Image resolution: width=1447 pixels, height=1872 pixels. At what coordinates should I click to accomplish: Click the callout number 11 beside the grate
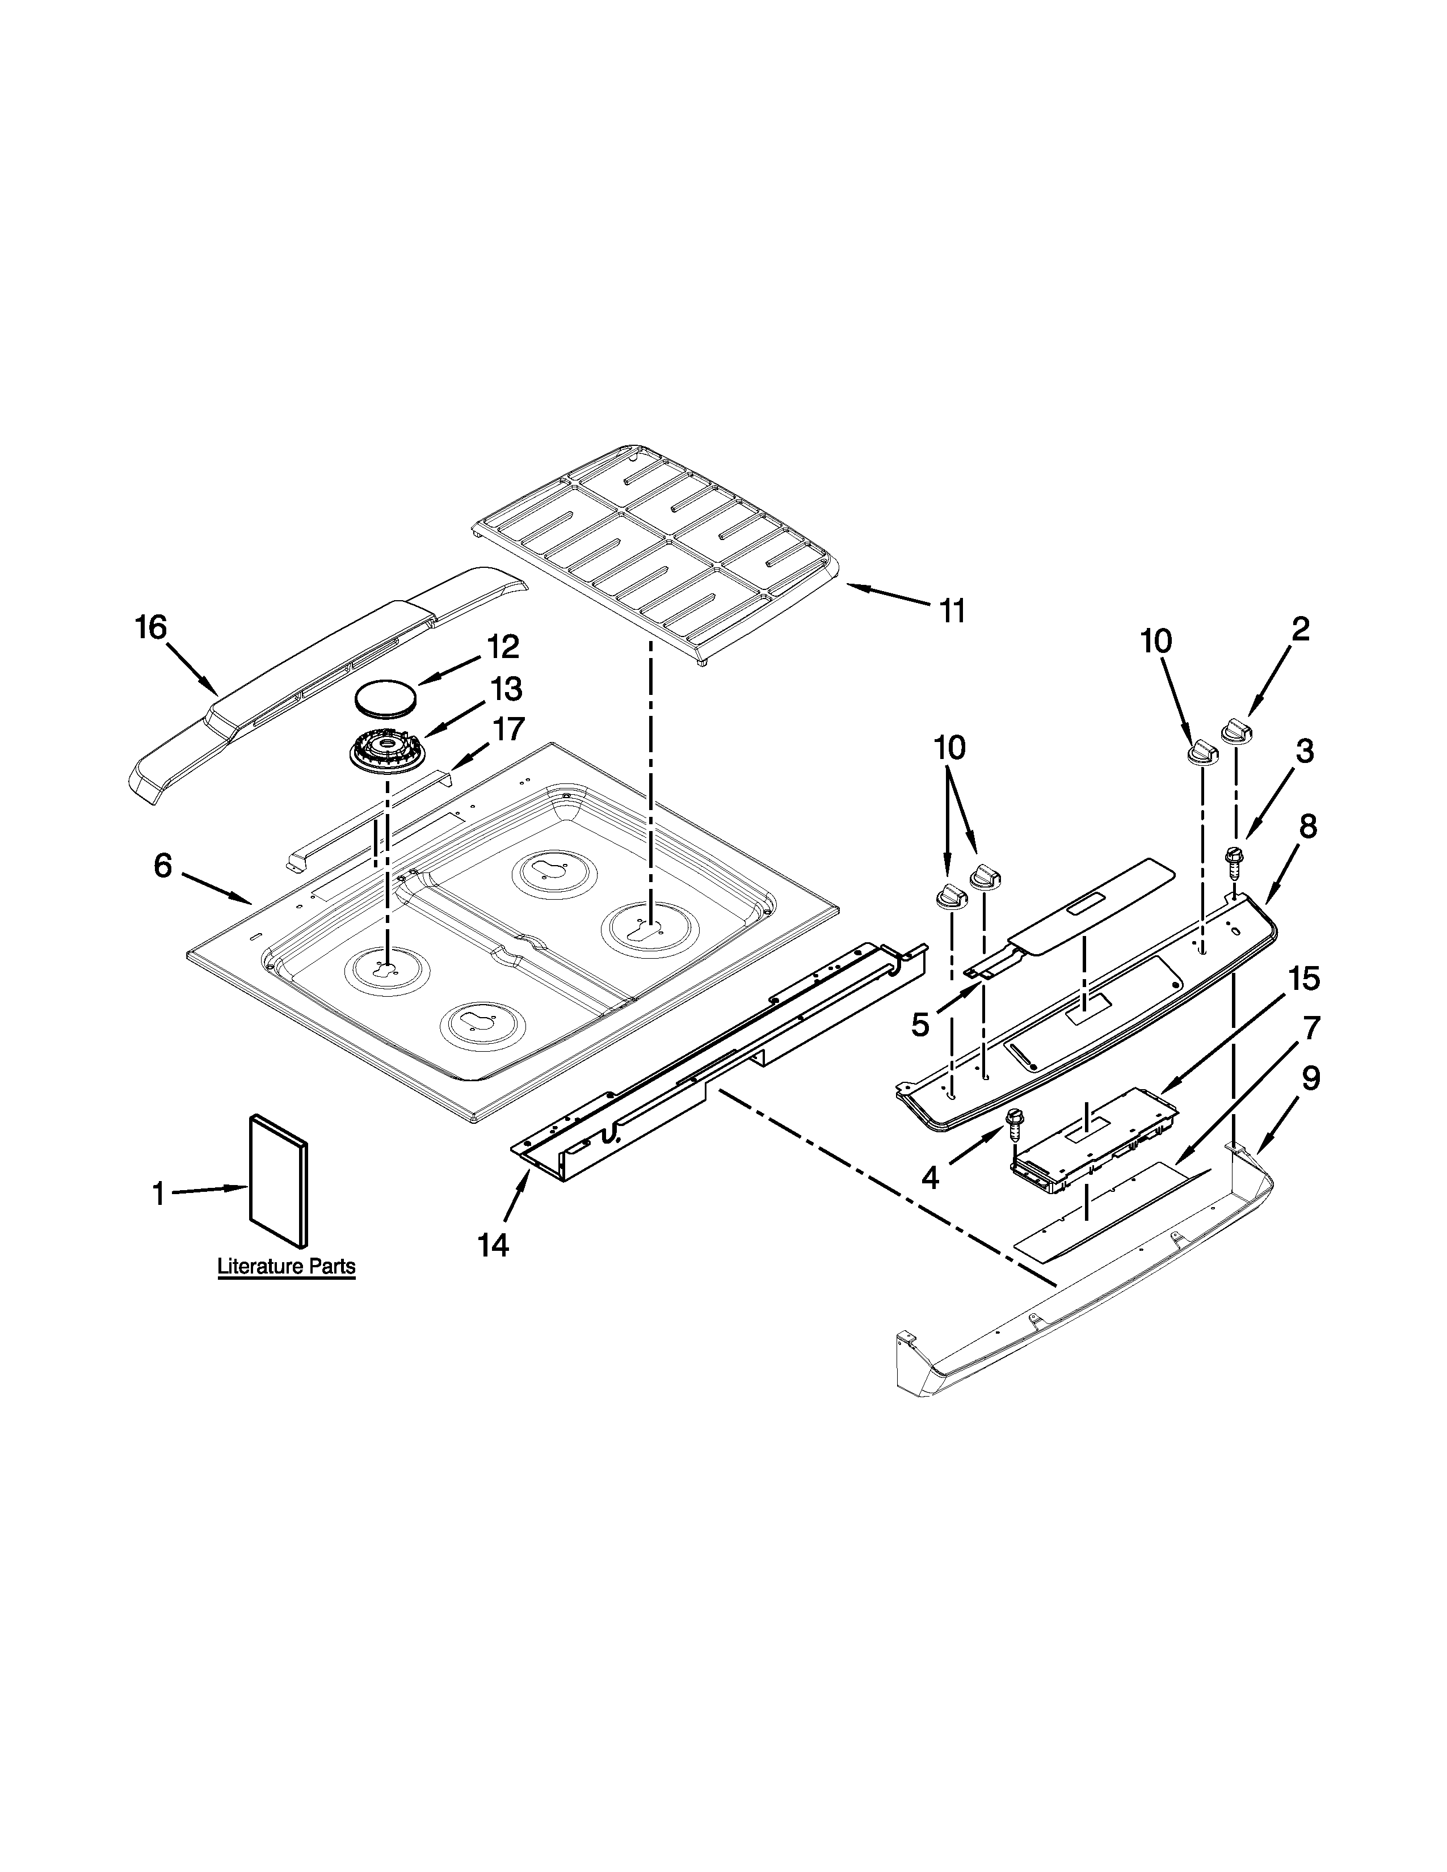pos(952,611)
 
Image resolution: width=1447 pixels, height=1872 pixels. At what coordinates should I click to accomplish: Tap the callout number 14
pos(494,1245)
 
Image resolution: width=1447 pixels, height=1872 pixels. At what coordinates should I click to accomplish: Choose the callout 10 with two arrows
pos(949,748)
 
